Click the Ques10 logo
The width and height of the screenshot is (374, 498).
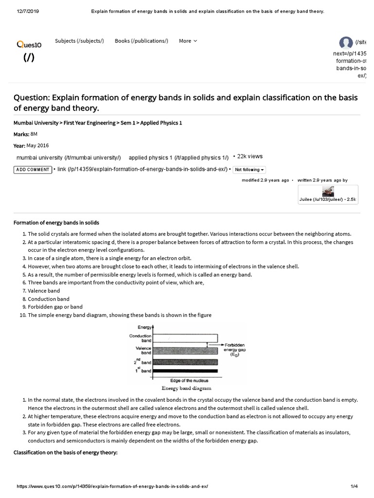click(29, 45)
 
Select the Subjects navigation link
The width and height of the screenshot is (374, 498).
click(79, 41)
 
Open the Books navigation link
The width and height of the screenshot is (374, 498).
click(141, 41)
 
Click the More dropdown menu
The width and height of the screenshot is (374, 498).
click(187, 41)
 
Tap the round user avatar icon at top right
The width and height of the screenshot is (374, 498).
click(346, 43)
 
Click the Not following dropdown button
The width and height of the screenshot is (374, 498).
click(249, 170)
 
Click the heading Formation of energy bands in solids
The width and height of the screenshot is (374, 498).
click(56, 223)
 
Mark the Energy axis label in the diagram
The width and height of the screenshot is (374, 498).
click(144, 328)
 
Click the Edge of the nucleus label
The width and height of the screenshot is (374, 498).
click(186, 381)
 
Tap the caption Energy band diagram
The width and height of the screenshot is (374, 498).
click(187, 389)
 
